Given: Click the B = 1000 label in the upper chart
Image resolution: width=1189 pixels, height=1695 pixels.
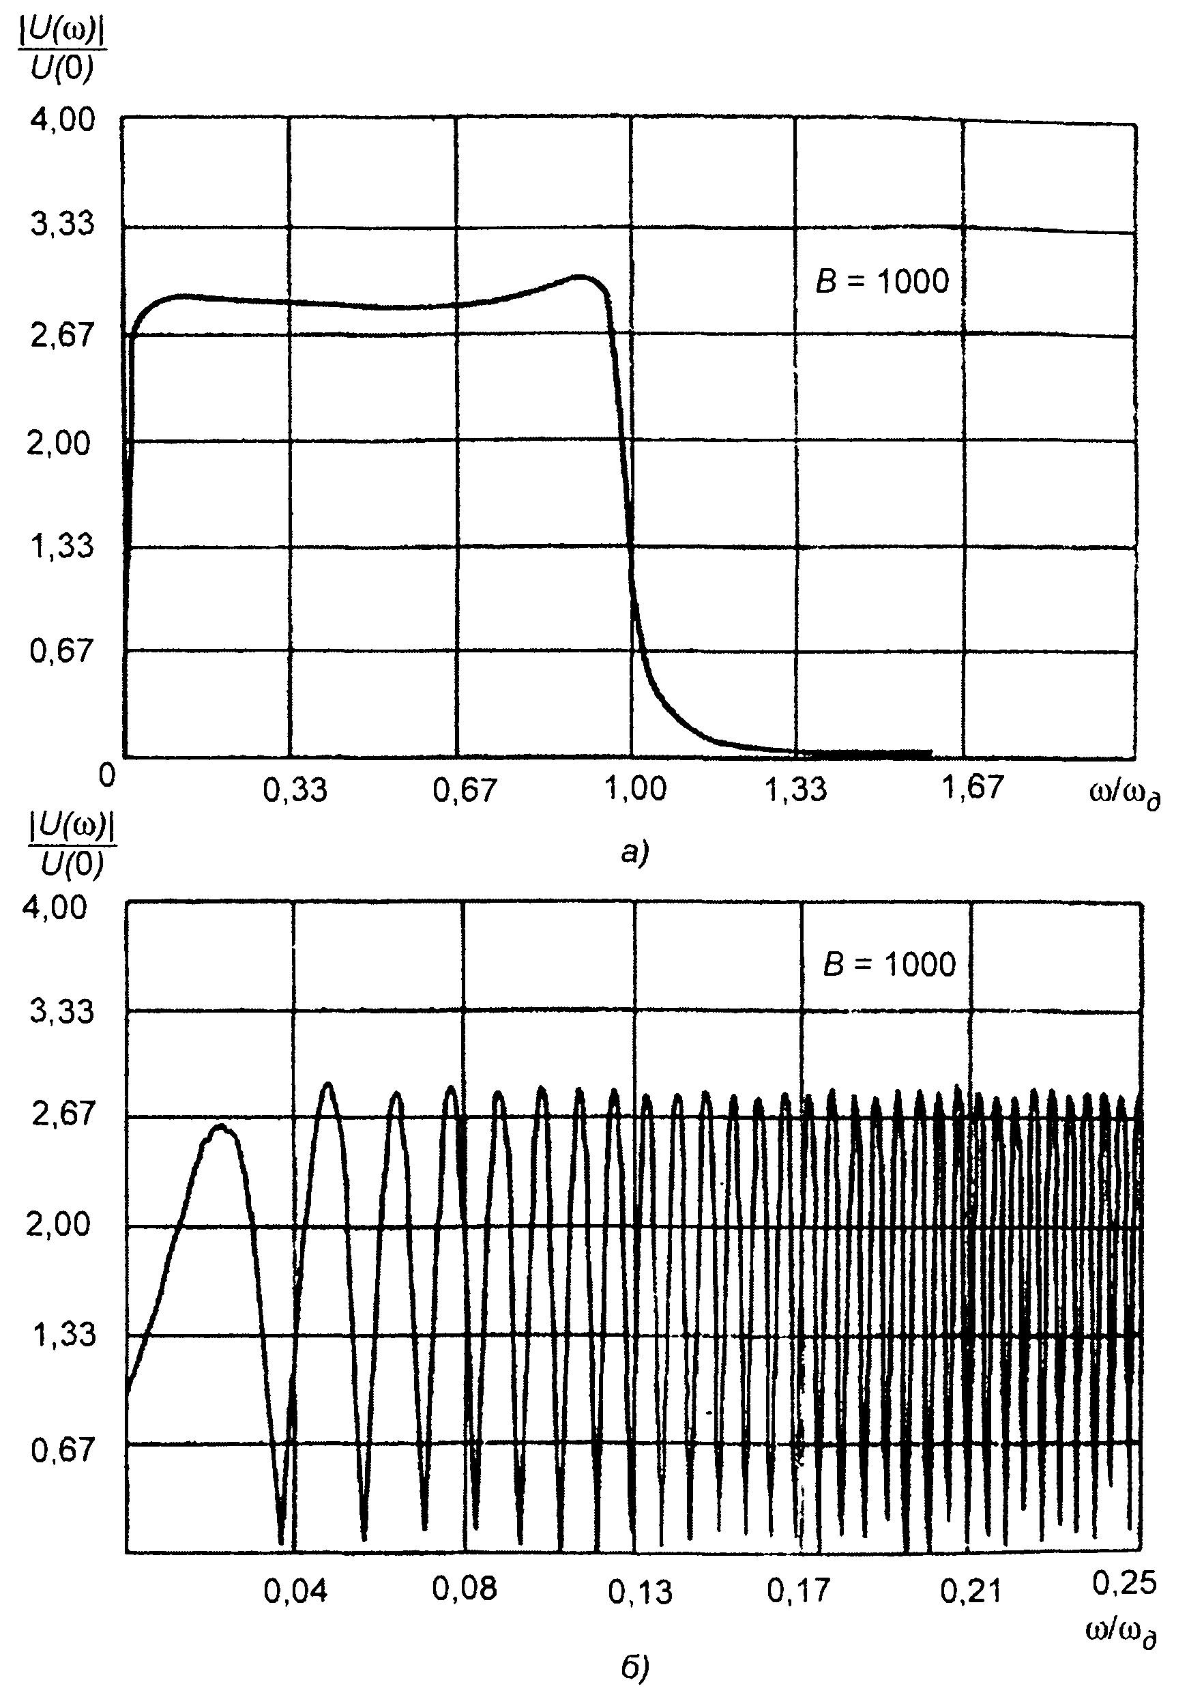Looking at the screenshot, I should click(x=882, y=281).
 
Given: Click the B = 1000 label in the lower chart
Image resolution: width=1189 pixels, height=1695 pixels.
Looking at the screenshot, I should click(x=890, y=964).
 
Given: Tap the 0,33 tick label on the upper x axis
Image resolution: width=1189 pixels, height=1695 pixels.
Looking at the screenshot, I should click(x=295, y=790).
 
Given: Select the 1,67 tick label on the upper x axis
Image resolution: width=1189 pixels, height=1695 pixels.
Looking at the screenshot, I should click(x=973, y=787).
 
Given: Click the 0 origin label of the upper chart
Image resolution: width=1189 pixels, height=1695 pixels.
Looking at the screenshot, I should click(x=108, y=775).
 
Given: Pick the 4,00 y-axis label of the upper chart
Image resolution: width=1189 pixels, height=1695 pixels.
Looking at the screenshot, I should click(x=62, y=119).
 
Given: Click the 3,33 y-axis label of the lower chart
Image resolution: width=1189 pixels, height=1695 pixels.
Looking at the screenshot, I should click(x=62, y=1011).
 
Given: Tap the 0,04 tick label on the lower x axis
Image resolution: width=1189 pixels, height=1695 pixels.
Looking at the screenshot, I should click(x=295, y=1593).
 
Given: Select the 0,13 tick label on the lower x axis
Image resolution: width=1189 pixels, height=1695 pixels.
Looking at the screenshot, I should click(x=640, y=1593).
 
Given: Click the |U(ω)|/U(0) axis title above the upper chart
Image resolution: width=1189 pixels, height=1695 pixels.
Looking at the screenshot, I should click(x=61, y=52).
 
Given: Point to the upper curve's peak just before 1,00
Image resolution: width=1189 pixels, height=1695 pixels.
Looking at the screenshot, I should click(x=583, y=277).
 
